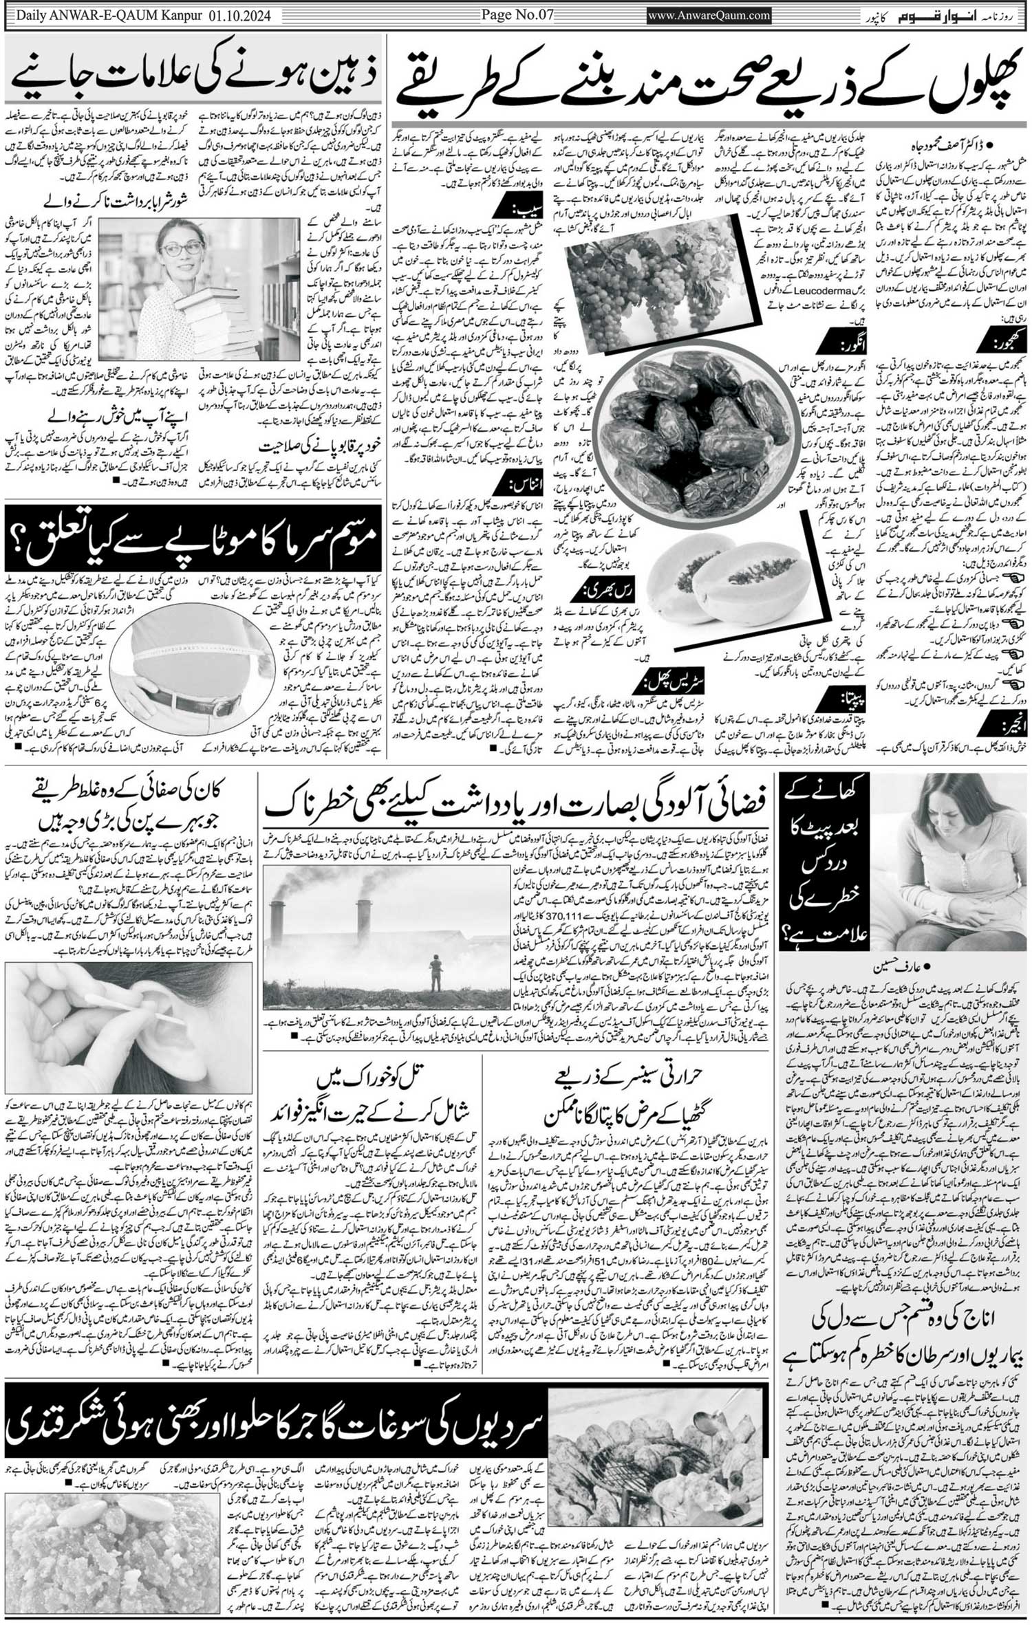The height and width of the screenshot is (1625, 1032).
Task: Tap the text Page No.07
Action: tap(517, 15)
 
